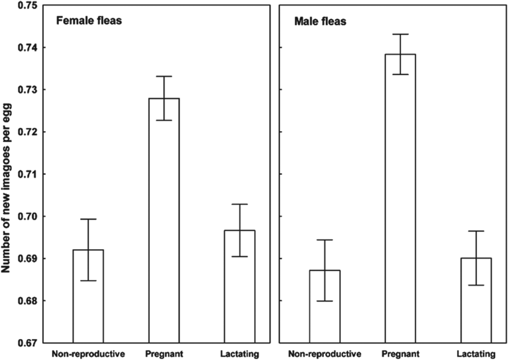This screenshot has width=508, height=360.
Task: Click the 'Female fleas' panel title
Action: (89, 20)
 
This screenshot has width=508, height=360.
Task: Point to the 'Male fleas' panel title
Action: (320, 21)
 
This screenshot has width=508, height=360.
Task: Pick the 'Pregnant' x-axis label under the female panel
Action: (164, 354)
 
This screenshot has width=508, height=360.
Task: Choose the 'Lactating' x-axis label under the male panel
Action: (476, 354)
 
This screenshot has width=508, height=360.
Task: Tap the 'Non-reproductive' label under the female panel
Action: (88, 354)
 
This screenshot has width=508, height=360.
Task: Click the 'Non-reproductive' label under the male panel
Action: (325, 354)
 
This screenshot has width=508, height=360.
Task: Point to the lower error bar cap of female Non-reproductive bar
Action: (88, 281)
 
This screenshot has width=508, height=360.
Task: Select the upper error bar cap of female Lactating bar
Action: (239, 204)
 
